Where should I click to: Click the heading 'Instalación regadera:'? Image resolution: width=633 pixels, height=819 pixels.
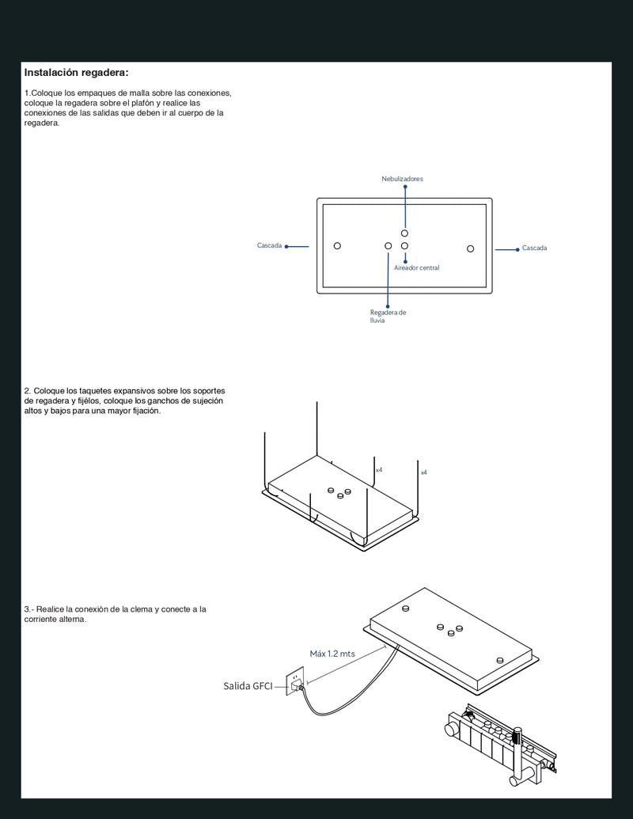pos(76,73)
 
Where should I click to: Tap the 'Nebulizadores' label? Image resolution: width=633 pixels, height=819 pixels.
pos(402,179)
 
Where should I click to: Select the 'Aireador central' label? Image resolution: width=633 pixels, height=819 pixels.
pos(416,268)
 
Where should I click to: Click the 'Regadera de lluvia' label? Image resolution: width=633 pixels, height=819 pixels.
pos(388,316)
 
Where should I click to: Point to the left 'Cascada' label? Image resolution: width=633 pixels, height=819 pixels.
pos(269,246)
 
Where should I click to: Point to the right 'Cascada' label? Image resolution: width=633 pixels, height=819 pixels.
pos(534,248)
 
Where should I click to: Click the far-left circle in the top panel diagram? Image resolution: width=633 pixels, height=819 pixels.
pos(337,246)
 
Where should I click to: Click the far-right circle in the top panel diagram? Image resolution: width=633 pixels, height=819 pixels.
pos(470,248)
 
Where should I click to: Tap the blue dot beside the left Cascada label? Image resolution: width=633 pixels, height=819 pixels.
pos(286,246)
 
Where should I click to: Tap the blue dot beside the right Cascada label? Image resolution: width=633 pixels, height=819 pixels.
pos(518,248)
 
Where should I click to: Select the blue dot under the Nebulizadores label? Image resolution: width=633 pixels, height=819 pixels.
pos(405,187)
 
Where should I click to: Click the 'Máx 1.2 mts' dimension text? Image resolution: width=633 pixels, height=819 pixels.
pos(332,654)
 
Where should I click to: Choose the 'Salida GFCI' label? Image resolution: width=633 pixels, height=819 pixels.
pos(248,686)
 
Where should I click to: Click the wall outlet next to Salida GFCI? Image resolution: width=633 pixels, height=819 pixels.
pos(295,679)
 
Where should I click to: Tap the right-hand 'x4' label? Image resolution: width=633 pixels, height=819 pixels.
pos(423,472)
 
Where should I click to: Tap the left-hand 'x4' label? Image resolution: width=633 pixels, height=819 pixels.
pos(379,470)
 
